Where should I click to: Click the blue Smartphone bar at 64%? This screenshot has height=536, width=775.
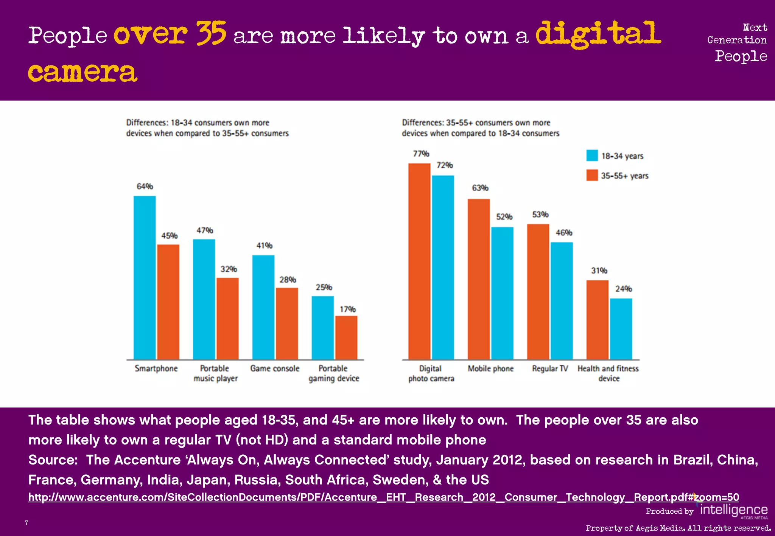tap(145, 278)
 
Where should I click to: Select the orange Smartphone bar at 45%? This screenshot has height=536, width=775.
tap(168, 302)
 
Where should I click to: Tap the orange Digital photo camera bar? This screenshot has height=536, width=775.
tap(419, 261)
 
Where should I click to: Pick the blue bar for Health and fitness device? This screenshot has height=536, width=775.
tap(621, 329)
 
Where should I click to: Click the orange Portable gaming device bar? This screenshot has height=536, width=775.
tap(346, 338)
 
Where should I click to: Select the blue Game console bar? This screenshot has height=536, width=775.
tap(263, 307)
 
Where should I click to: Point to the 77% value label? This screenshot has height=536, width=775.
tap(421, 154)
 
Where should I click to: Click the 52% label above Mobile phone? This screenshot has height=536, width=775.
tap(504, 217)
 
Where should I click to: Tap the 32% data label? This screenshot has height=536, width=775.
tap(229, 269)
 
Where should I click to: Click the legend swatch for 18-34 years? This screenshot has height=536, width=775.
tap(592, 155)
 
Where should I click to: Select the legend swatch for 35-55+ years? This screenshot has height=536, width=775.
tap(592, 175)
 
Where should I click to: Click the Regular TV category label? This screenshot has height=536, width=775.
tap(550, 369)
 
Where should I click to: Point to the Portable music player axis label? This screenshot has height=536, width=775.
tap(215, 373)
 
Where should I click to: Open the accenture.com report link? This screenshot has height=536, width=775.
tap(383, 497)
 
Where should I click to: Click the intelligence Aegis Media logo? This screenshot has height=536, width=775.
tap(733, 511)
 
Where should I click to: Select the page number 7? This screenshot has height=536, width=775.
tap(26, 523)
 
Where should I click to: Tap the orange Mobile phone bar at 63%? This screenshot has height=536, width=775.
tap(479, 279)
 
